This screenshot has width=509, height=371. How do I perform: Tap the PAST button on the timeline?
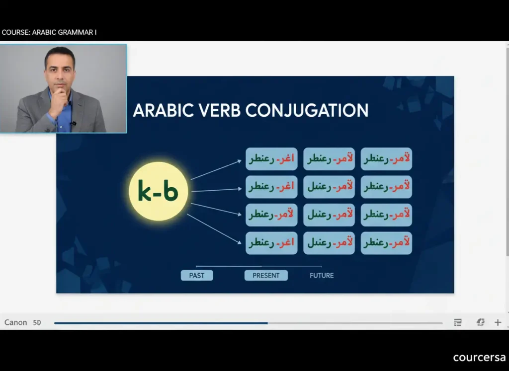(x=197, y=275)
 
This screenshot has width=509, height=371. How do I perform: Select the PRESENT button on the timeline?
(x=266, y=275)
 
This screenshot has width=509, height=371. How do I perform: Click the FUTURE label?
(x=322, y=275)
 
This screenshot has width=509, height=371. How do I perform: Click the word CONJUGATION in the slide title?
(x=307, y=110)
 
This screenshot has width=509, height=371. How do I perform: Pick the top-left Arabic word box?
(x=271, y=159)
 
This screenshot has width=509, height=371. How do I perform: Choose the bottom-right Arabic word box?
(x=386, y=243)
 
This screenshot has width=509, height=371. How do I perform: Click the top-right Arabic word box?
(x=386, y=159)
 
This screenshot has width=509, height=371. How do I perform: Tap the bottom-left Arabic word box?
(x=271, y=243)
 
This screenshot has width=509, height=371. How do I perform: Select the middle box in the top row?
(x=329, y=159)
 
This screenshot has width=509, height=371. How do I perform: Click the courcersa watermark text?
(x=479, y=358)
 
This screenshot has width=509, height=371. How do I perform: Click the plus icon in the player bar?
(x=498, y=322)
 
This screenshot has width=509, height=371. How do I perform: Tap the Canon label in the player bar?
(x=15, y=322)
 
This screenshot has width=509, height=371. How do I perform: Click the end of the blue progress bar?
(x=267, y=323)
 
